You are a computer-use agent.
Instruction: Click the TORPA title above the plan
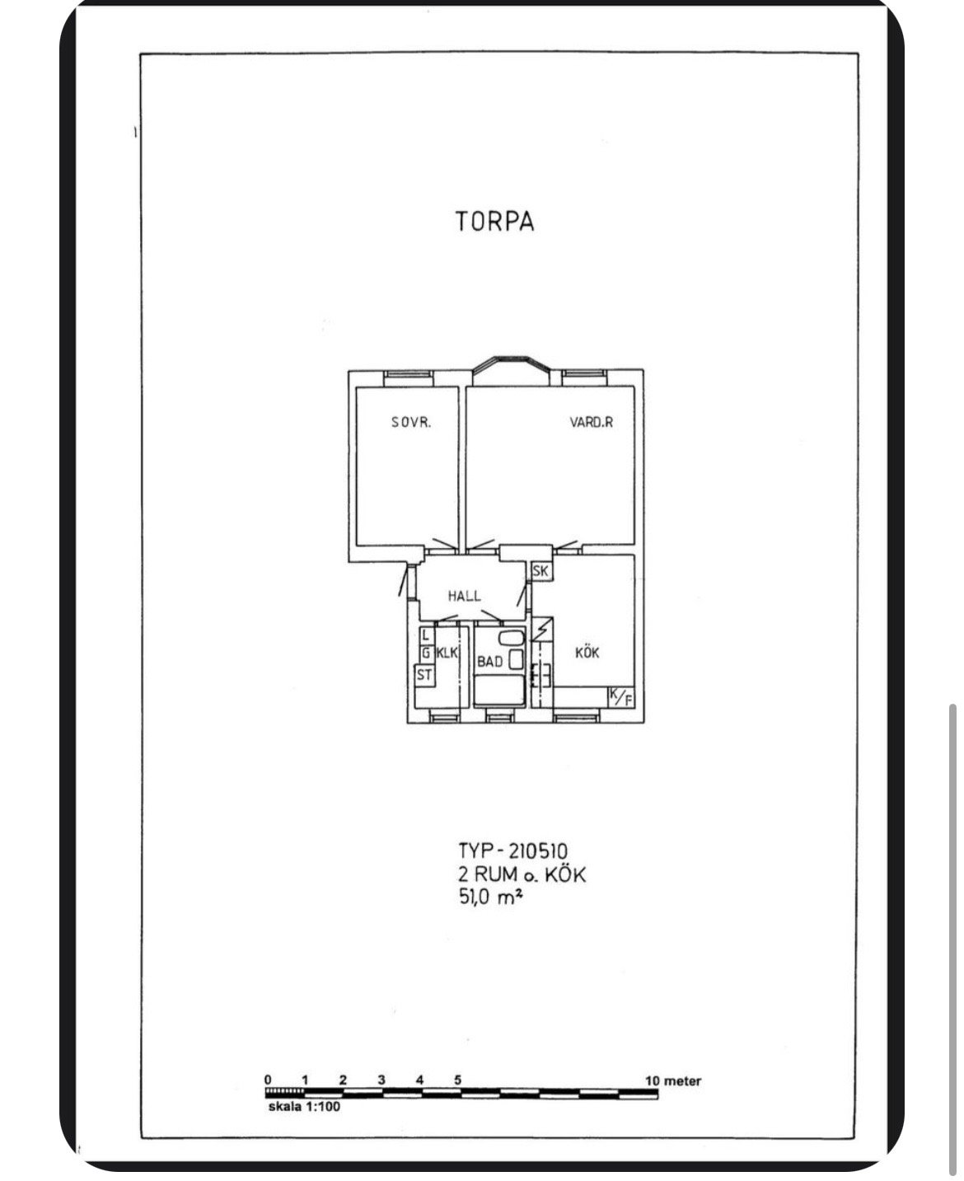coord(495,221)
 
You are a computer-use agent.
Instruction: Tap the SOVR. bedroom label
coord(411,422)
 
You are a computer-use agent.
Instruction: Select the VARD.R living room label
coord(591,422)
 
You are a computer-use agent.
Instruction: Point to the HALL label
coord(464,596)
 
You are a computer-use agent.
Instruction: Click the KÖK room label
coord(587,653)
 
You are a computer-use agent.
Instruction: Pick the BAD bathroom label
coord(490,662)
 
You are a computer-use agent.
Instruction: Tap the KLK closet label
coord(447,653)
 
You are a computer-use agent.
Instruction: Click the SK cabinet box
coord(541,570)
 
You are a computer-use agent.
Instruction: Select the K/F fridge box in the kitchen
coord(621,697)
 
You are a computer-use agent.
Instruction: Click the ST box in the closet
coord(424,675)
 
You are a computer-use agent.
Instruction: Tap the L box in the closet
coord(427,635)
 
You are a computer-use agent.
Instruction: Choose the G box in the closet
coord(427,653)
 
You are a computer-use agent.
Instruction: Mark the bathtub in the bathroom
coord(498,690)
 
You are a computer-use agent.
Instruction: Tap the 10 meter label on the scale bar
coord(672,1080)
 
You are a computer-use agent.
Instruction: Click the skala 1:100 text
coord(304,1106)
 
